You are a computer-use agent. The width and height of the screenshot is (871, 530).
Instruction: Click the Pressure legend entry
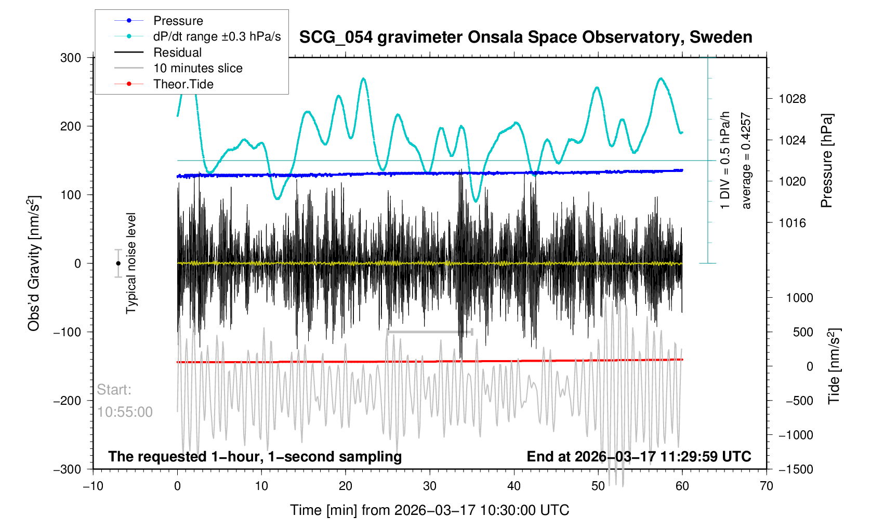tap(178, 21)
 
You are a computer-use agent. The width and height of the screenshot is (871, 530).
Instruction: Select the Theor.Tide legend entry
tap(183, 84)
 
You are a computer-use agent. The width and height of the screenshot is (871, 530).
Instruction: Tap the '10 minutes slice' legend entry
tap(197, 68)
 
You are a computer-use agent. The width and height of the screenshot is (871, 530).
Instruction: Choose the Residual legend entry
tap(177, 52)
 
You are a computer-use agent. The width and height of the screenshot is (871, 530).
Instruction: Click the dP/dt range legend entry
tap(217, 36)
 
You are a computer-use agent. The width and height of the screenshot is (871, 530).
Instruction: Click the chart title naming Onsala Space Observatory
tap(525, 37)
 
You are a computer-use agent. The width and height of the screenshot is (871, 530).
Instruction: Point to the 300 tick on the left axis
tap(71, 58)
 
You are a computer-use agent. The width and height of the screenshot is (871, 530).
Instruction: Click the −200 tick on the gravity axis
tap(67, 401)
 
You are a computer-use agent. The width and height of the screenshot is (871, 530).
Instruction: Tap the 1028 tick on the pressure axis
tap(792, 99)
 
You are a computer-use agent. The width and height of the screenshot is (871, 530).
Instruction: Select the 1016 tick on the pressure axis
tap(792, 223)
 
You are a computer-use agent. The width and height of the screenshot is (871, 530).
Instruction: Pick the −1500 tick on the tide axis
tap(795, 469)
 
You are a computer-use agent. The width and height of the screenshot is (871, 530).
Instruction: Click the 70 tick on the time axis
tap(766, 486)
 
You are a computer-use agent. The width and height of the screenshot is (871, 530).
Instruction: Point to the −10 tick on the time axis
tap(93, 486)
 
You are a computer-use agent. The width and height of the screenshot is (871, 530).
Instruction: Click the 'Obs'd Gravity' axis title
tap(34, 263)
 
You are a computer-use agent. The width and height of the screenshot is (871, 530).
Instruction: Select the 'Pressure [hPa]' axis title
tap(826, 161)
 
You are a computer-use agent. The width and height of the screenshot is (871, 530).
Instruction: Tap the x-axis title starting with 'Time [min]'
tap(429, 510)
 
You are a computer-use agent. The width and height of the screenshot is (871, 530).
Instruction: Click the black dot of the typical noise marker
tap(118, 263)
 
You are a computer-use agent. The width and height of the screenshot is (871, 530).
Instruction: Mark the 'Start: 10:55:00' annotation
tap(125, 401)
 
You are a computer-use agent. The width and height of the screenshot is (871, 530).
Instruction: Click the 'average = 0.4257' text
tap(746, 161)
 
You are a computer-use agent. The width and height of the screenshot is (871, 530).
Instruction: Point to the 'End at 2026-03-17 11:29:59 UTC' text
tap(639, 457)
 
